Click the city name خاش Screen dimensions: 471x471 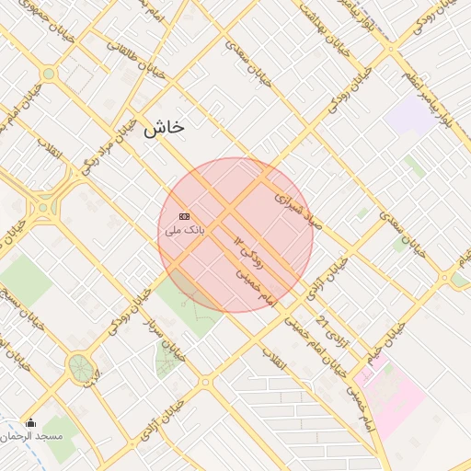click(x=164, y=129)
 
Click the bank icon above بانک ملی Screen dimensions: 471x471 click(x=184, y=215)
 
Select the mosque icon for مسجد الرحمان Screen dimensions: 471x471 click(x=29, y=423)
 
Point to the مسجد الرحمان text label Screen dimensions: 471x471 click(x=38, y=435)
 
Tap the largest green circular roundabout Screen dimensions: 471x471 click(x=80, y=367)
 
